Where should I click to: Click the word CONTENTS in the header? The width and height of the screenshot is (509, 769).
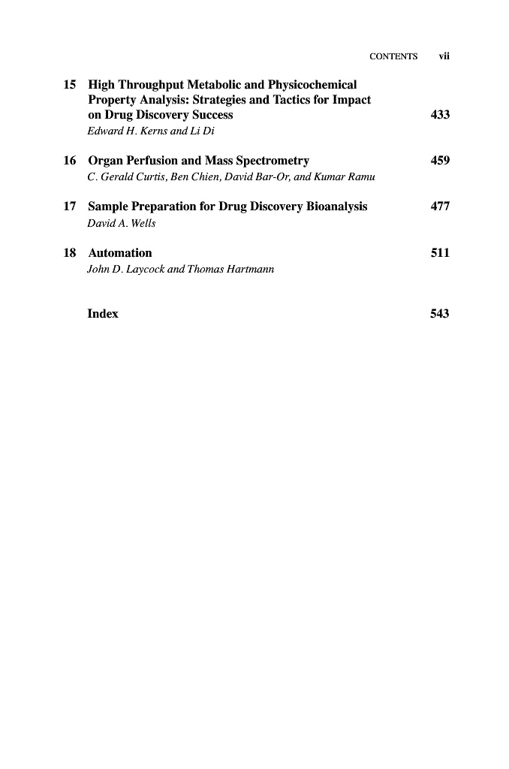(393, 56)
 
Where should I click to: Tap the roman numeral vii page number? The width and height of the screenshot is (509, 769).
(444, 56)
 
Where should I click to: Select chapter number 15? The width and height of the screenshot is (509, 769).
(70, 85)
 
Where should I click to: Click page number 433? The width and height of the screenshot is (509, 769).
(440, 115)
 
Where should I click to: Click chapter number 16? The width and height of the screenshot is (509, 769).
(70, 161)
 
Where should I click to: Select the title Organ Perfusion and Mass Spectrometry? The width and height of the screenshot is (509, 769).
(198, 161)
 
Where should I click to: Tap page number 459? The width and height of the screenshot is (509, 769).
(440, 161)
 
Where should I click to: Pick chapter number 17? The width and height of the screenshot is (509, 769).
(70, 207)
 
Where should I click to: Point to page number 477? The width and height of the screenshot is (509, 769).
(440, 207)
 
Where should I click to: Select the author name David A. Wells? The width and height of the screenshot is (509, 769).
(122, 222)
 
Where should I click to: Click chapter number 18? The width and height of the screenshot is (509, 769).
(70, 253)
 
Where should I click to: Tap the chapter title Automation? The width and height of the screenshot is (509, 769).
(120, 253)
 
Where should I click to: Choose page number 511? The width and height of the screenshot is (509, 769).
(440, 253)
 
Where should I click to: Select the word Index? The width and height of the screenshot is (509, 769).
(103, 314)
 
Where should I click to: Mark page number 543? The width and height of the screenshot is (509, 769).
(440, 314)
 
